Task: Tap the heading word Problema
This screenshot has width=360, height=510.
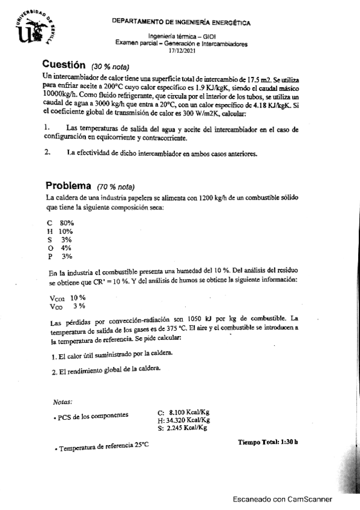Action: (x=68, y=186)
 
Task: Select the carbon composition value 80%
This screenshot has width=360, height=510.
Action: (x=66, y=223)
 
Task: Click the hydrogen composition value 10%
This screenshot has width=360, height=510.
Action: (x=66, y=231)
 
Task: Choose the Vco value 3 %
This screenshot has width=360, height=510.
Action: (x=79, y=306)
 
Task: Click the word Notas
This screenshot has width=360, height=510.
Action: (x=63, y=401)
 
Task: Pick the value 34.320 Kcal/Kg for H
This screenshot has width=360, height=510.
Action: (x=189, y=420)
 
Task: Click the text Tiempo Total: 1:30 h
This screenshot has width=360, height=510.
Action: (x=268, y=443)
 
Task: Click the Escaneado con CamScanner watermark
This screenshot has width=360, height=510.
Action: (x=282, y=499)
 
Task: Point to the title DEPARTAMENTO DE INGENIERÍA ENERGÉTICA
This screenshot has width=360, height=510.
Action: (x=182, y=22)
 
